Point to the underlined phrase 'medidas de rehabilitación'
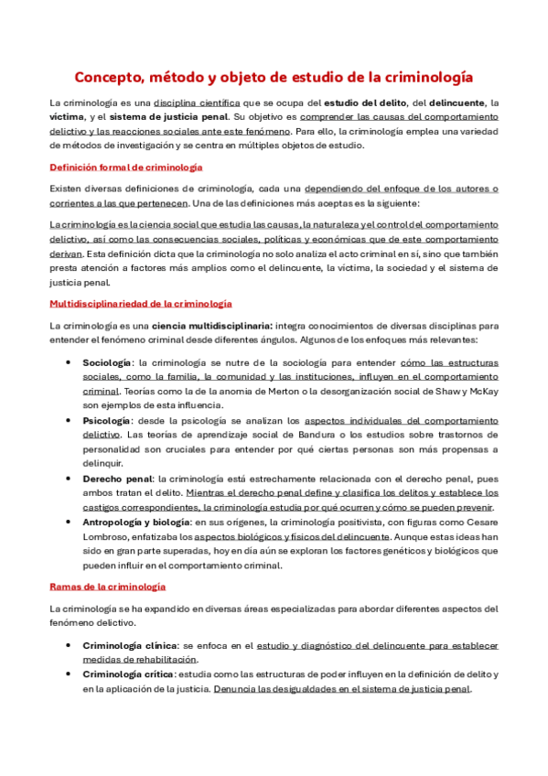pos(139,660)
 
